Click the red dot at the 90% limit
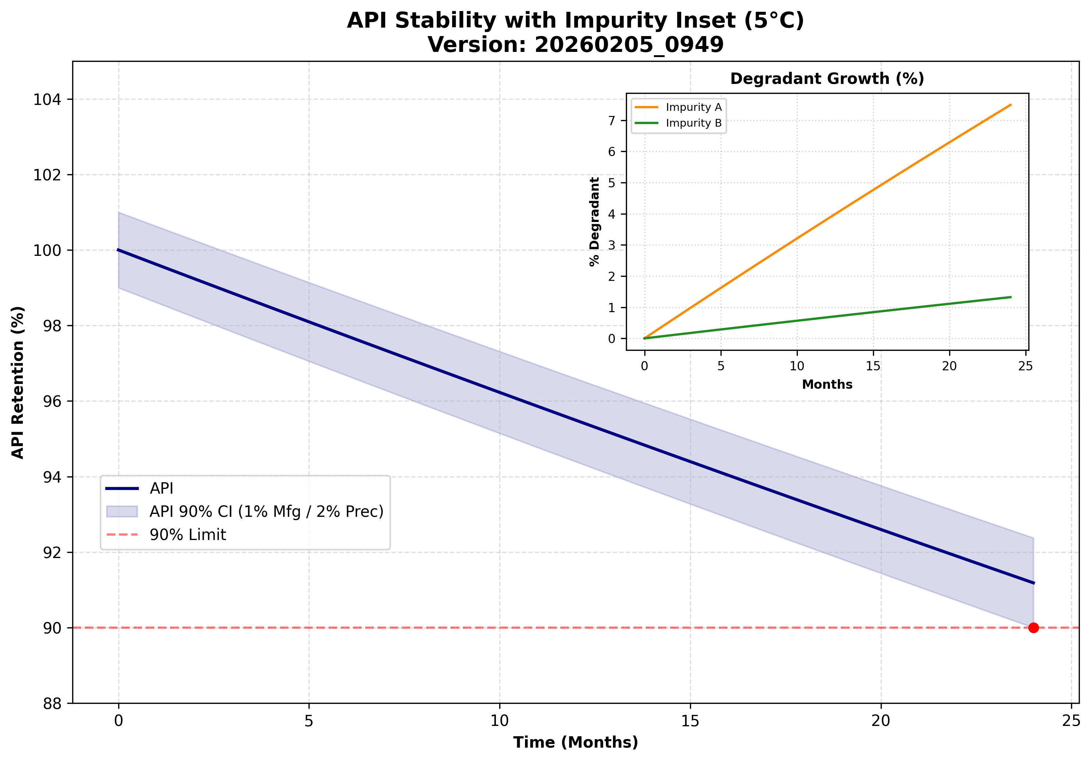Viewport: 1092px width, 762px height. [x=1033, y=628]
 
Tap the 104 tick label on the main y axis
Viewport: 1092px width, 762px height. [x=47, y=99]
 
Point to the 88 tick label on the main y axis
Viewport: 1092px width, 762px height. [x=52, y=703]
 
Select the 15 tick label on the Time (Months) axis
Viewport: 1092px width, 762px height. [x=690, y=721]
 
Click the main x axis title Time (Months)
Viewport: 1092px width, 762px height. [x=575, y=742]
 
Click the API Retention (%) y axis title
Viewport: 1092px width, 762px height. [x=18, y=382]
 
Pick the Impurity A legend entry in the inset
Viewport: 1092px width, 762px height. [x=693, y=107]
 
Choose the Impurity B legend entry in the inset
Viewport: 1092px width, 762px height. [x=693, y=123]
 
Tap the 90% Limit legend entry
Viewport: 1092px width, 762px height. [x=188, y=535]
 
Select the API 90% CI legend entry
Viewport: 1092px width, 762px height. [x=266, y=511]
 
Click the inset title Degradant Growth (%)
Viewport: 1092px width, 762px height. [x=827, y=78]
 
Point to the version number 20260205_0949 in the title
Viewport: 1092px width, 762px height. [x=629, y=45]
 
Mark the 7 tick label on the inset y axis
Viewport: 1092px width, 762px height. [x=612, y=120]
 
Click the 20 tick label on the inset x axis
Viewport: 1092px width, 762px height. [x=949, y=366]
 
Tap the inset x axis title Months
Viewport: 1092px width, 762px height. [x=827, y=384]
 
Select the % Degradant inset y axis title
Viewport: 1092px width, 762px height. [x=595, y=222]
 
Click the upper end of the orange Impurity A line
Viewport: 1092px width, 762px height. [x=1011, y=105]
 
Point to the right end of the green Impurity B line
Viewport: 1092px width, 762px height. [x=1011, y=297]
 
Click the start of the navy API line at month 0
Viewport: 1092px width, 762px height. [x=119, y=250]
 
